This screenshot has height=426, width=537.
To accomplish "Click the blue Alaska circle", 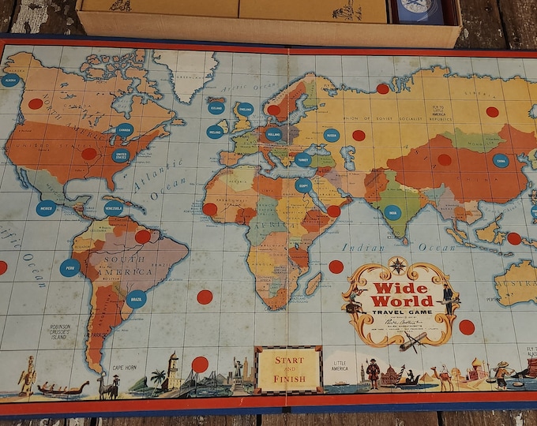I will tap(10, 80).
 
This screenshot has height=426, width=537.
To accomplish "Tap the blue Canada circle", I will tap(124, 130).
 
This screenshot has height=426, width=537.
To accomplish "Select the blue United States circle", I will tap(120, 155).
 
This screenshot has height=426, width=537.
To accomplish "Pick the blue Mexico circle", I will tap(46, 209).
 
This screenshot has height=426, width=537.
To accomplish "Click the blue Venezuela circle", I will tap(114, 208).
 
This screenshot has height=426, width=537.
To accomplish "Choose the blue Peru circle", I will tap(69, 267).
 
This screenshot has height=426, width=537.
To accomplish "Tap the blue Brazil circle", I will tap(137, 300).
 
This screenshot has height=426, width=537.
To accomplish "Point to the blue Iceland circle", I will tap(216, 107).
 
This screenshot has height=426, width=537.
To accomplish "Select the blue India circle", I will tap(392, 211).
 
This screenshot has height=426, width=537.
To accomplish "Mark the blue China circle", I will tap(501, 160).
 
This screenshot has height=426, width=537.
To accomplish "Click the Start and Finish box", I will tap(288, 368).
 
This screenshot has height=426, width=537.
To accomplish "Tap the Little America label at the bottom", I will tap(340, 365).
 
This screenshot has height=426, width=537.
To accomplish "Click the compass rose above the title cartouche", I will tap(397, 265).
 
